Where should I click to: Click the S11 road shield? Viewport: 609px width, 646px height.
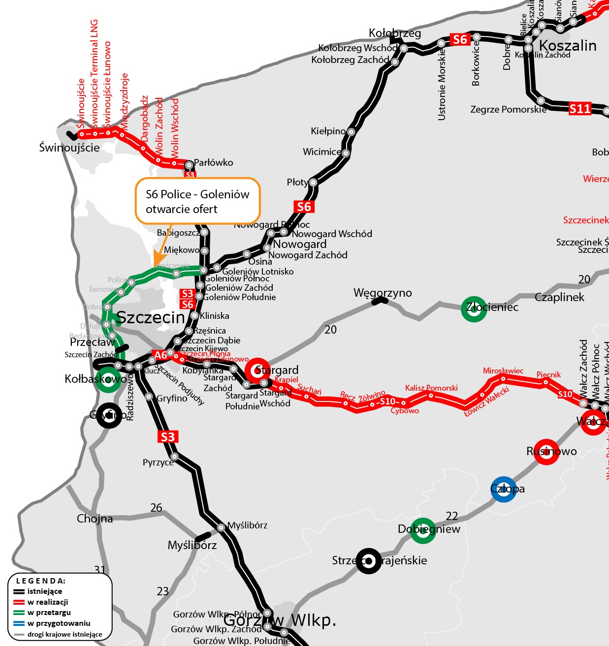(579, 108)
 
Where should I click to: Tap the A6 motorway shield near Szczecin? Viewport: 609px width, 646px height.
(161, 355)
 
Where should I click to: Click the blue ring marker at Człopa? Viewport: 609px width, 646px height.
(504, 489)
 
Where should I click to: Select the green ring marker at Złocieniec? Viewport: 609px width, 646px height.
(474, 309)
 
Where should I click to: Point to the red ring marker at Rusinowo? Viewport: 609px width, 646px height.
(546, 452)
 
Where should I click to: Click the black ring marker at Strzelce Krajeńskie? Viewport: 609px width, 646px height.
(368, 561)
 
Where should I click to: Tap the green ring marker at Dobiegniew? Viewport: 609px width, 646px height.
(423, 530)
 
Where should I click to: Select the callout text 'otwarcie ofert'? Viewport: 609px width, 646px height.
(181, 209)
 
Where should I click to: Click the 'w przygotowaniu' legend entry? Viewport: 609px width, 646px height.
(59, 623)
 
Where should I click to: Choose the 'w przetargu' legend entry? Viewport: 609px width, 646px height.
(49, 613)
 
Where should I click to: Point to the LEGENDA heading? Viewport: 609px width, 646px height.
(41, 581)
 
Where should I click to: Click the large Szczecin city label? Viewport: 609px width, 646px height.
(150, 318)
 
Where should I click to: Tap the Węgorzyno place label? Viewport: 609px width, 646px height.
(382, 293)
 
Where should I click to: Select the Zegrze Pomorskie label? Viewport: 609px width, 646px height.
(508, 109)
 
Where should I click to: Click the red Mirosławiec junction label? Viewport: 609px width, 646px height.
(503, 370)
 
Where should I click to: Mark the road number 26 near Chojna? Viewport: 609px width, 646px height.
(156, 508)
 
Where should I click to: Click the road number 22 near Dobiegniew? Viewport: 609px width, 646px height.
(451, 516)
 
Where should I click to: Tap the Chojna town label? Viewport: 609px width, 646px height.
(95, 519)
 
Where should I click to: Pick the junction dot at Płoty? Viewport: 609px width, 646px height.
(313, 183)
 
